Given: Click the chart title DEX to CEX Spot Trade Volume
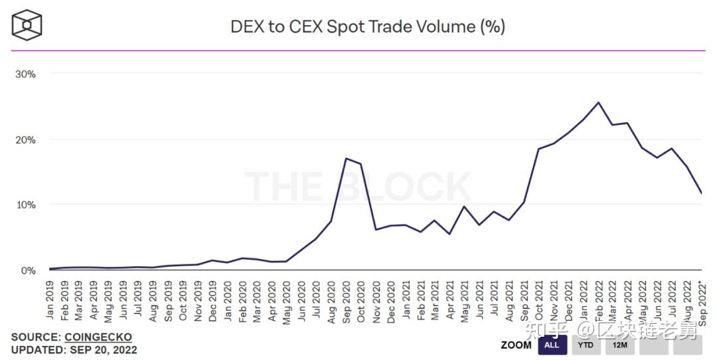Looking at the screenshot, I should coord(367,27).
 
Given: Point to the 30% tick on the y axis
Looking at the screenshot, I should coord(25,74).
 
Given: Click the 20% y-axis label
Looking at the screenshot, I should coord(25,139).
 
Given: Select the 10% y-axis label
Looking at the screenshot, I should coord(25,205).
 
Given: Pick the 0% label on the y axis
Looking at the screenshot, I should coord(28,270).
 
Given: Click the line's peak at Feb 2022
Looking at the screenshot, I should coord(598,102).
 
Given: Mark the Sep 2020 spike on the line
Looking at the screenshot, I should coord(346,158).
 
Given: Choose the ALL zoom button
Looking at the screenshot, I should coord(552,345).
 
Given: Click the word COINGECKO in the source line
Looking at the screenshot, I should coord(98,337).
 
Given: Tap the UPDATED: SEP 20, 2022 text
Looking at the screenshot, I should coord(74,349).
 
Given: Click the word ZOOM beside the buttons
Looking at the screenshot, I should coord(516,345).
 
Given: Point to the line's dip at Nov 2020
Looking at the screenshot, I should coord(376,230).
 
